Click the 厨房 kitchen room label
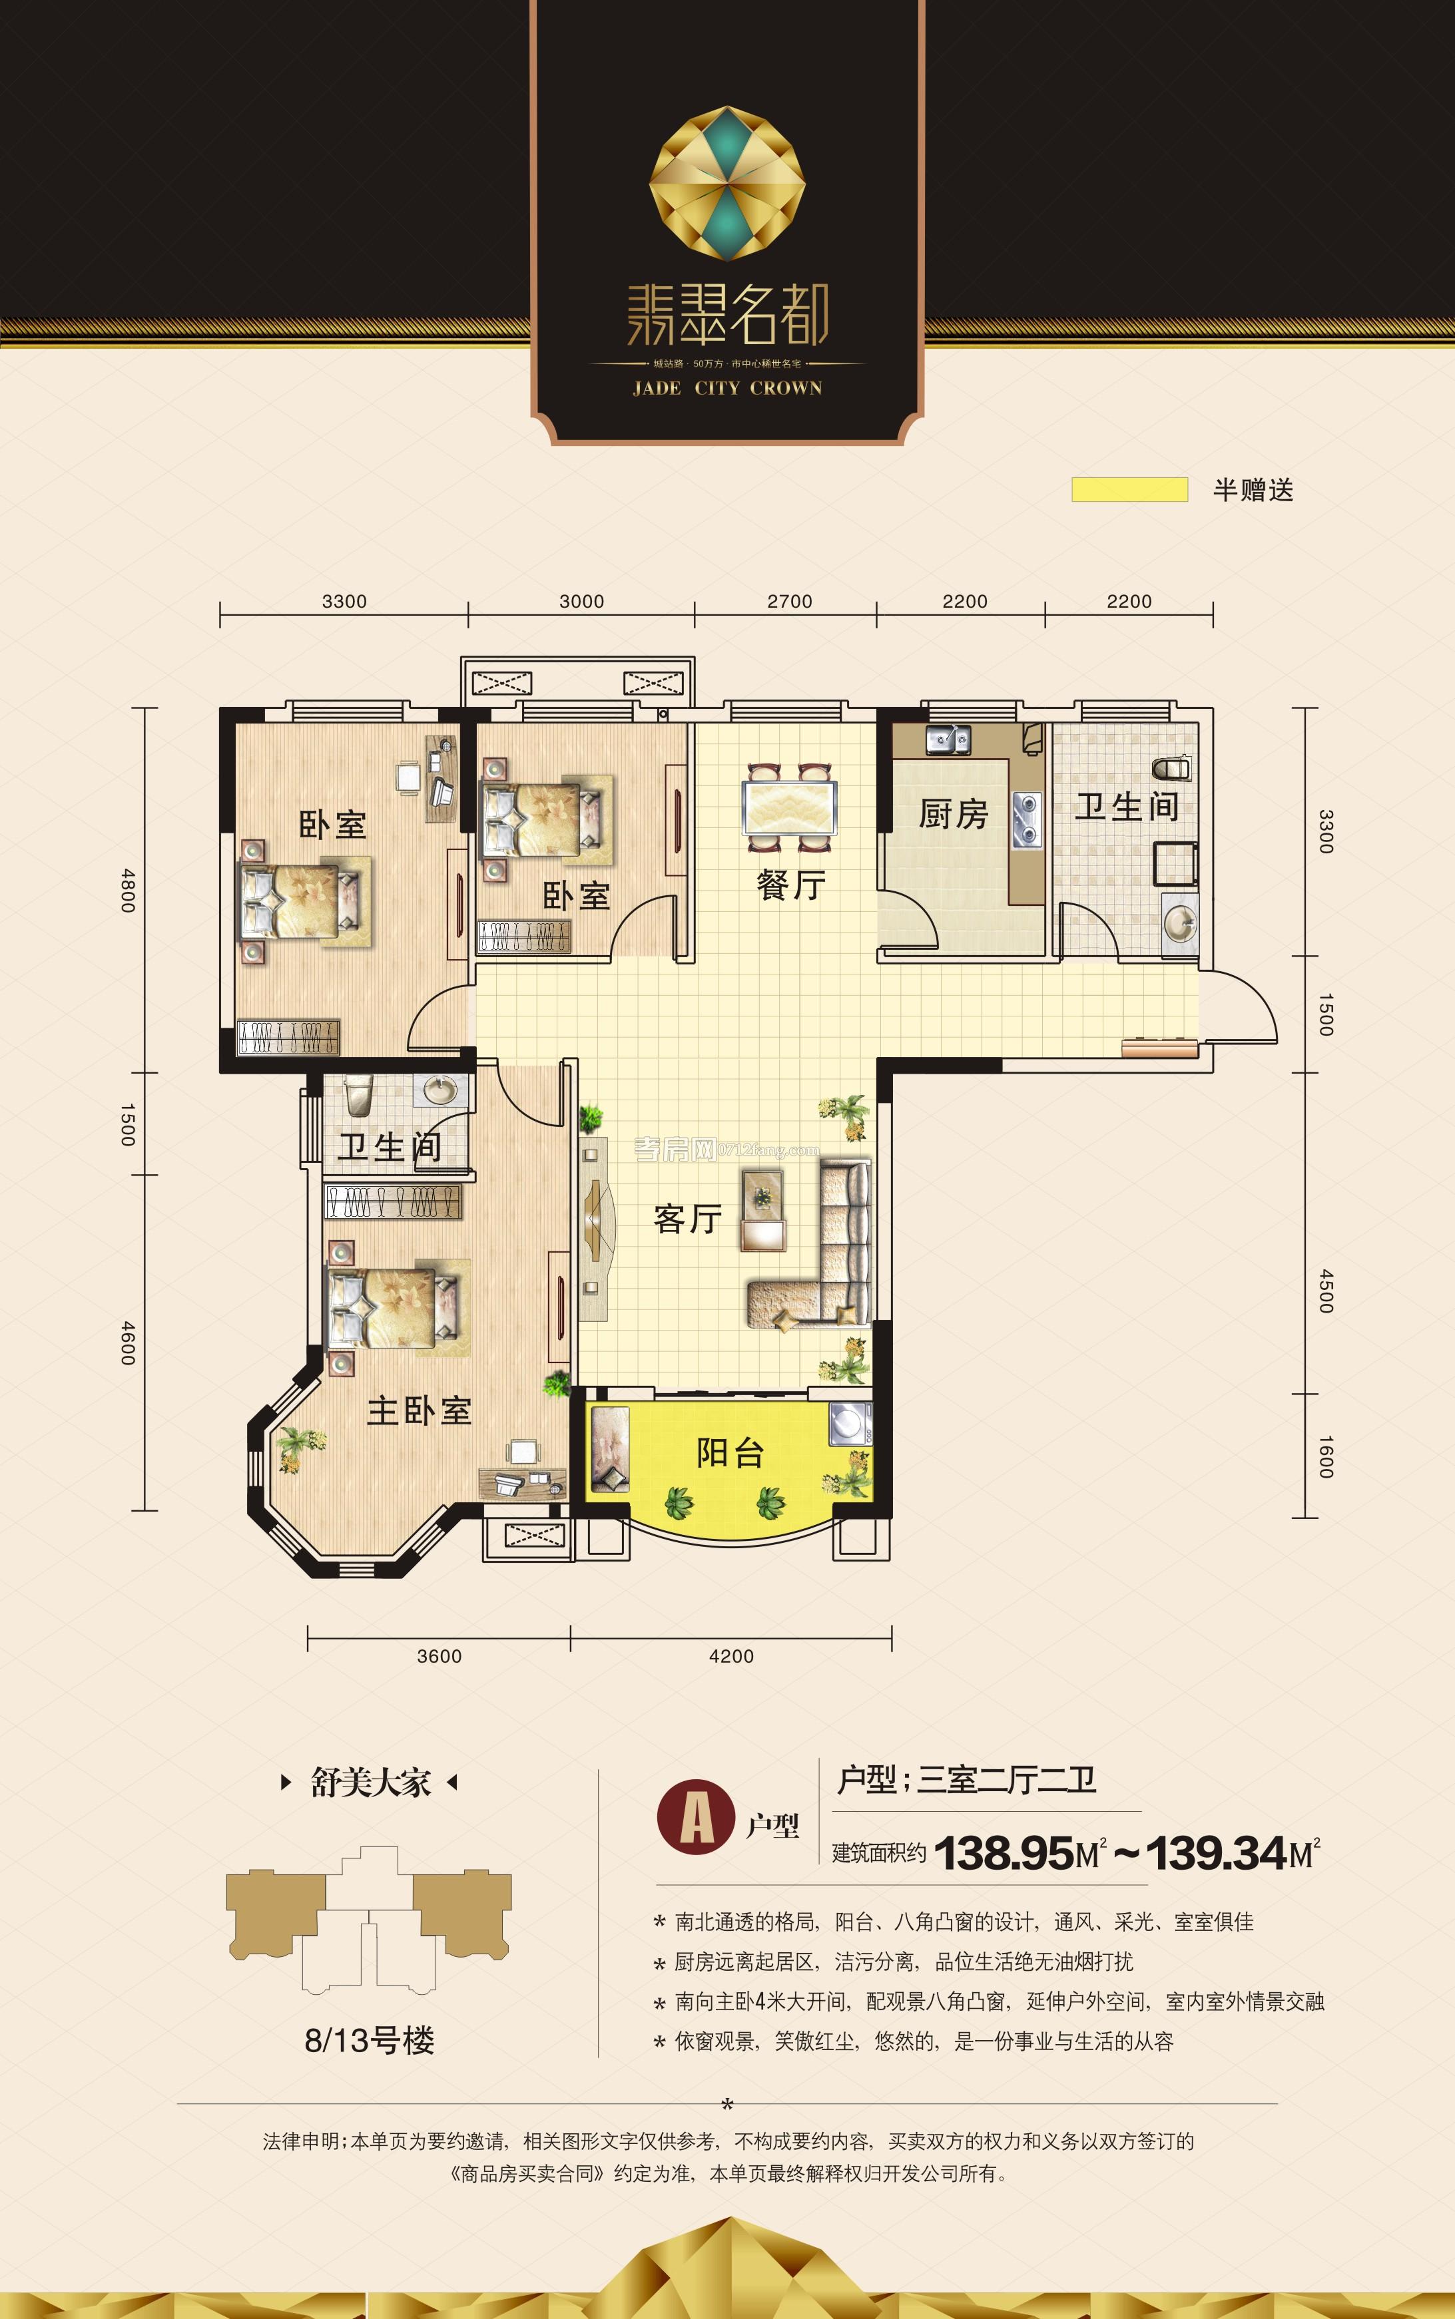953,814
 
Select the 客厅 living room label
687,1219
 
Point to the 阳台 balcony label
730,1452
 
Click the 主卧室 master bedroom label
419,1411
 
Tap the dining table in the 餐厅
789,807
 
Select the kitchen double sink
947,739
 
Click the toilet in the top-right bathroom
1171,769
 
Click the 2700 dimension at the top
789,601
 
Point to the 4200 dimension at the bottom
731,1656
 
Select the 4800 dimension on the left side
128,890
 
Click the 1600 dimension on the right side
1325,1457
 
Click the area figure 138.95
1003,1852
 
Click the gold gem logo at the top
727,183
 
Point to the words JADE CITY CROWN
727,389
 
